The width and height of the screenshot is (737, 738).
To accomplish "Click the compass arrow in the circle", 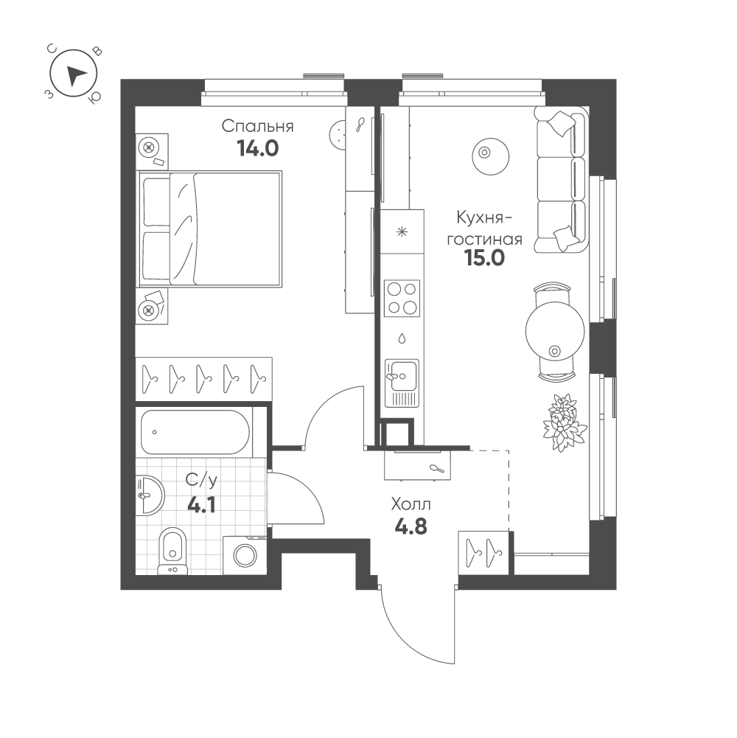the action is click(x=75, y=75).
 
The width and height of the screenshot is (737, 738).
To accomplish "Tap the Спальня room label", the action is click(x=257, y=127).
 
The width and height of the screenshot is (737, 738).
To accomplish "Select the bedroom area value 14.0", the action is click(x=258, y=148).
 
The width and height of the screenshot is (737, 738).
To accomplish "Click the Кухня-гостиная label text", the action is click(x=484, y=229).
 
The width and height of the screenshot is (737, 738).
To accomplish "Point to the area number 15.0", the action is click(x=485, y=258).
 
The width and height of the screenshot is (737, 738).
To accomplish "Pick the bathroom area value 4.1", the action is click(x=201, y=506).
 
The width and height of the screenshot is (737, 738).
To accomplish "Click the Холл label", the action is click(x=411, y=505).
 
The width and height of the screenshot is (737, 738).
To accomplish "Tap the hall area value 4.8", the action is click(x=411, y=526).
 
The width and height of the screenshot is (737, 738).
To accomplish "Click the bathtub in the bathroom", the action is click(x=195, y=432).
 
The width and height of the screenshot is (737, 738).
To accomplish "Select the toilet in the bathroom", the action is click(x=172, y=551).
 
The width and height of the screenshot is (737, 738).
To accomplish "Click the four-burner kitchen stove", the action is click(x=402, y=298).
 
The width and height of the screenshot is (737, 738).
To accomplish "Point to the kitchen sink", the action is click(x=402, y=383).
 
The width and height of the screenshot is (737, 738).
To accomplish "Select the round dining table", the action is click(x=556, y=331).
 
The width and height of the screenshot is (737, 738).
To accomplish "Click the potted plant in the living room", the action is click(x=564, y=422).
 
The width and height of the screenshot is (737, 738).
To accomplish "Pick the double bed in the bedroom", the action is click(x=209, y=229).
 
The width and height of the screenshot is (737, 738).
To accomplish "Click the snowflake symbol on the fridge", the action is click(x=402, y=232).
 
